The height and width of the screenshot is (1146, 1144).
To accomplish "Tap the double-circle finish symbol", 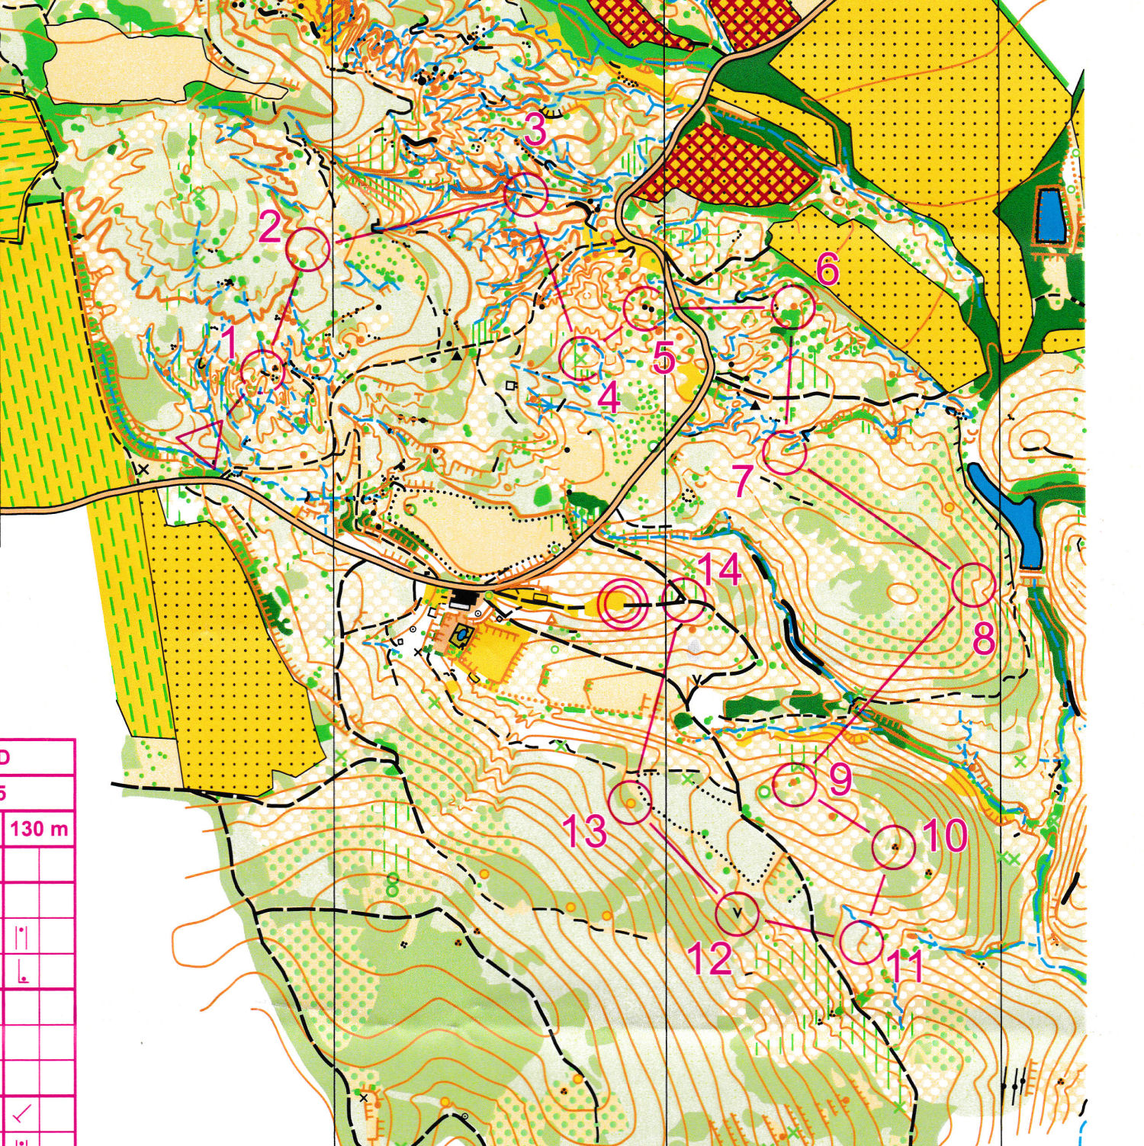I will [623, 602].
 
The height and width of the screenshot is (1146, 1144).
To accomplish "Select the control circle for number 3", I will [526, 194].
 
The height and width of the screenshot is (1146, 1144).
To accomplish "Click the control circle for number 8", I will [974, 585].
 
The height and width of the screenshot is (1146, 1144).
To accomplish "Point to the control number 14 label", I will [718, 570].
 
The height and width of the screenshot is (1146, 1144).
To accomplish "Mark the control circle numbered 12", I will [737, 913].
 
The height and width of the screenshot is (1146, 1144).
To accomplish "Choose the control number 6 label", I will [827, 268].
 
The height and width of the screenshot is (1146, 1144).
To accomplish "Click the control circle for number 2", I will [307, 249].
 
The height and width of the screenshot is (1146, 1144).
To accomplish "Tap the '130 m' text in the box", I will [39, 829].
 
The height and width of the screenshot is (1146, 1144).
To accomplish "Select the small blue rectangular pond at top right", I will [1051, 216].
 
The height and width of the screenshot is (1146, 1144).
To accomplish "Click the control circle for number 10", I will [893, 847].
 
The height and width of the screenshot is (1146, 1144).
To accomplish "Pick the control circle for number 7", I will [785, 454].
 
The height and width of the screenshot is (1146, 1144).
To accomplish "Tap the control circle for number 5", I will [645, 309].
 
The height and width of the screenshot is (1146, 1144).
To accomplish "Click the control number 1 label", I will [229, 342].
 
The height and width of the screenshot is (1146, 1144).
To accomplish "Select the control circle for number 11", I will [861, 942].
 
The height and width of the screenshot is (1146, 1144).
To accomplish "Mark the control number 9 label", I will [840, 778].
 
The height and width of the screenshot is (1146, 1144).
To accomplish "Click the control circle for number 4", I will [580, 358].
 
